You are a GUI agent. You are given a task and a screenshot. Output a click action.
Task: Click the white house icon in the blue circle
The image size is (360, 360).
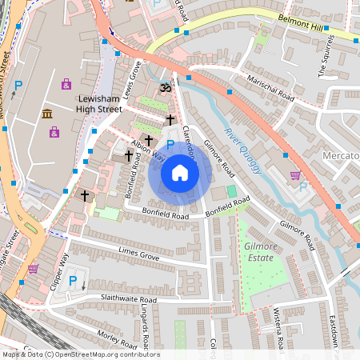(x=180, y=173)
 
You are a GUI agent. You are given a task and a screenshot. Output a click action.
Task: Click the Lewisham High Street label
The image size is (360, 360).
(x=99, y=103)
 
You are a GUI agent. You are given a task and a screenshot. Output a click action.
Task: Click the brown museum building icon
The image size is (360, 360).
(x=48, y=113)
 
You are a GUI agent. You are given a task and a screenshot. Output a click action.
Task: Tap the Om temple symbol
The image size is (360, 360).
(x=166, y=87)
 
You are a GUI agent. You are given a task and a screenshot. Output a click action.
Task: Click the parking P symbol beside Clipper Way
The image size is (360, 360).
(x=73, y=281)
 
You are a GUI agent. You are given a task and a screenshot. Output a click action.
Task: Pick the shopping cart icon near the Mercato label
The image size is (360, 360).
(x=295, y=175)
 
